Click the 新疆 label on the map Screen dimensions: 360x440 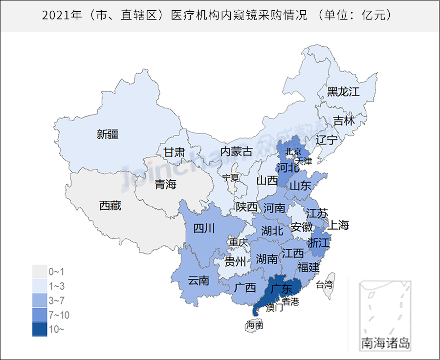click(108, 134)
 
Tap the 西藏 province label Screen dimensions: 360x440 click(110, 206)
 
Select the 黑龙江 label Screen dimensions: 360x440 click(343, 91)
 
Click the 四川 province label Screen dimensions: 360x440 click(203, 228)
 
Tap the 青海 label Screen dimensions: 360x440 click(165, 184)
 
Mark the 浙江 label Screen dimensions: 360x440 click(320, 242)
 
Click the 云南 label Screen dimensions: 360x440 click(198, 280)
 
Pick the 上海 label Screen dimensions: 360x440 click(338, 225)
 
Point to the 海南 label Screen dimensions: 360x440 click(255, 324)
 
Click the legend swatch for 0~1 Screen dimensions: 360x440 click(40, 271)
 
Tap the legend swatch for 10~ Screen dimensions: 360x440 click(40, 330)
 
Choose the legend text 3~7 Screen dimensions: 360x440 click(56, 300)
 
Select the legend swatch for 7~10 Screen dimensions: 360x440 click(40, 315)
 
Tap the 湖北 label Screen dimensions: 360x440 click(272, 230)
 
